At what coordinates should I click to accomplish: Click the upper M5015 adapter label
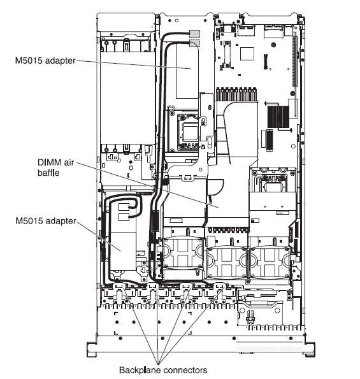coord(45,61)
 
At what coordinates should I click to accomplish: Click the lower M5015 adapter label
coord(46,220)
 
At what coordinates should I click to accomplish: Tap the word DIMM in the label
coord(50,162)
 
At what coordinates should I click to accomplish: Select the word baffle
coord(48,173)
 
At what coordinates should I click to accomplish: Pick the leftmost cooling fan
coord(184,252)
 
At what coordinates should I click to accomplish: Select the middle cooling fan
coord(227,262)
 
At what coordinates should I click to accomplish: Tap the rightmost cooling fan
coord(270,262)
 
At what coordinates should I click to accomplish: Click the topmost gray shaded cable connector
coord(194,34)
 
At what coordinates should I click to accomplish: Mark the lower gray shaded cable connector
coord(194,43)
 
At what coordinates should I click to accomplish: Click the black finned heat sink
coord(278,117)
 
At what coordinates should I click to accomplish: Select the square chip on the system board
coord(247,54)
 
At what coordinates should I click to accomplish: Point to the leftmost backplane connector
coord(119,287)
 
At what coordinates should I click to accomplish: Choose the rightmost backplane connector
coord(220,287)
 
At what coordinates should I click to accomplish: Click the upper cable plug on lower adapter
coord(124,207)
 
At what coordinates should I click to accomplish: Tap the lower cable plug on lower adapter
coord(124,217)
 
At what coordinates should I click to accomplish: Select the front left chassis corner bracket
coord(92,349)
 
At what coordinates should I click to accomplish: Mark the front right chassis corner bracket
coord(310,349)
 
